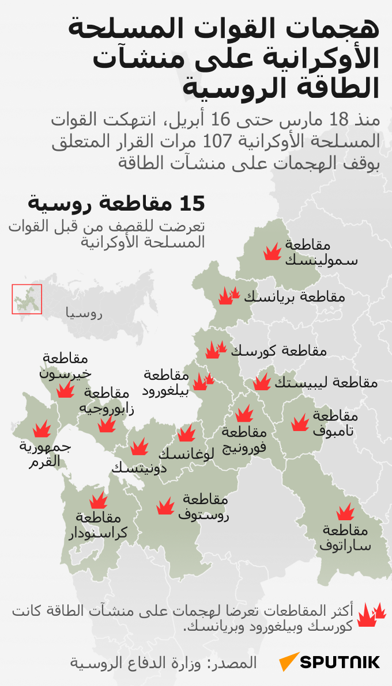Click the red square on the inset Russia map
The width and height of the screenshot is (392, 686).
pyautogui.click(x=27, y=299)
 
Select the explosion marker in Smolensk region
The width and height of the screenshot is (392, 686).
pyautogui.click(x=272, y=252)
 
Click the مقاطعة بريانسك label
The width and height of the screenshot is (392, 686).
pyautogui.click(x=295, y=297)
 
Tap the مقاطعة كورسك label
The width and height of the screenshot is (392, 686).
pyautogui.click(x=279, y=350)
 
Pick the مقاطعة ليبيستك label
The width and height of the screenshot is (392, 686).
pyautogui.click(x=326, y=382)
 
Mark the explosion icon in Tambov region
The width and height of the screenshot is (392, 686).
pyautogui.click(x=300, y=423)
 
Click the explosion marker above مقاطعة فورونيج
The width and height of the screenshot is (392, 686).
pyautogui.click(x=244, y=413)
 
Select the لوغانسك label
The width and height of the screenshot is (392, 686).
pyautogui.click(x=186, y=453)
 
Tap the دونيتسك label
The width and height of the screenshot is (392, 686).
pyautogui.click(x=139, y=467)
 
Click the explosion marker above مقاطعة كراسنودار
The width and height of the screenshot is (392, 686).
pyautogui.click(x=99, y=500)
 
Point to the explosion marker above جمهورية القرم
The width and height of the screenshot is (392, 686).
pyautogui.click(x=42, y=429)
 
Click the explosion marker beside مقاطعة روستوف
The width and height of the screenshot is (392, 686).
pyautogui.click(x=165, y=506)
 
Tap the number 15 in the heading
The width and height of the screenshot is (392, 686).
pyautogui.click(x=193, y=203)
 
